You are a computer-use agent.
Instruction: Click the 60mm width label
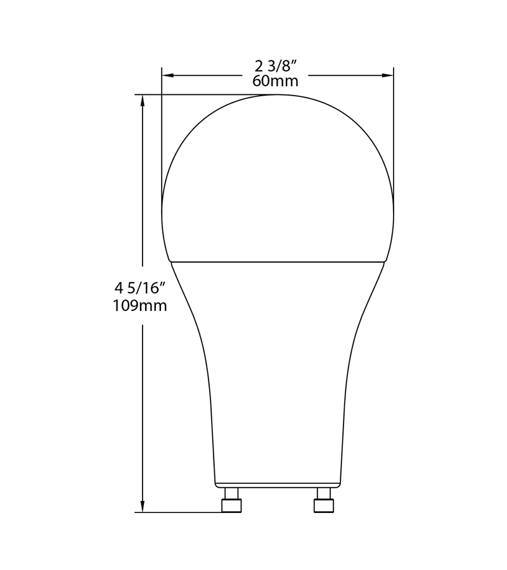tap(275, 81)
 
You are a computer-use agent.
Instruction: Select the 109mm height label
tap(140, 306)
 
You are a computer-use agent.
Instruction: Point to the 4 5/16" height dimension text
tap(140, 288)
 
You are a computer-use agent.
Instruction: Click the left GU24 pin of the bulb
tap(231, 502)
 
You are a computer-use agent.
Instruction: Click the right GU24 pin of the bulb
tap(323, 502)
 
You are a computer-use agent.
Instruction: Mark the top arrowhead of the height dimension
tap(143, 101)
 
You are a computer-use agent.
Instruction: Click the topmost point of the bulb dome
tap(278, 95)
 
